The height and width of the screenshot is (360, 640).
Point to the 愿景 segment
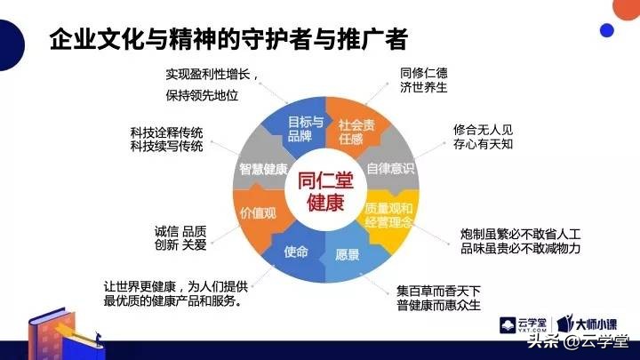(x=348, y=254)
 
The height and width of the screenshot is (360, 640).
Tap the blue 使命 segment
(x=296, y=252)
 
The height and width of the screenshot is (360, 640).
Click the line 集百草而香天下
(x=438, y=291)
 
